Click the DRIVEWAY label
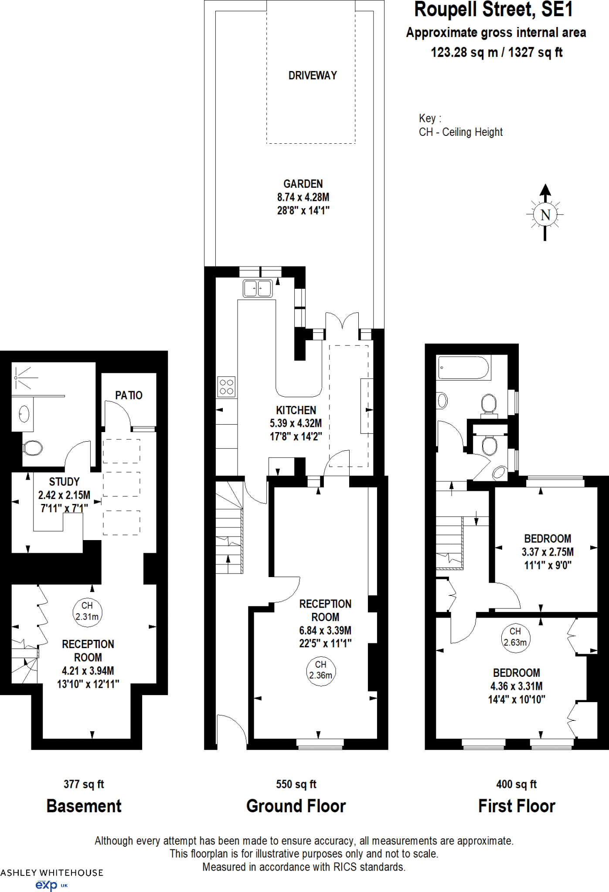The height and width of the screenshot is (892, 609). (x=313, y=76)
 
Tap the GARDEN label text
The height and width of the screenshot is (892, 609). (x=303, y=184)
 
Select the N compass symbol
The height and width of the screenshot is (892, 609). (x=545, y=215)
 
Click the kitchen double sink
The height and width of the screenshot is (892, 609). (x=258, y=288)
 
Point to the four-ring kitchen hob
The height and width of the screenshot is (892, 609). (x=226, y=387)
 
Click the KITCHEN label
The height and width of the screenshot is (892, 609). (x=296, y=410)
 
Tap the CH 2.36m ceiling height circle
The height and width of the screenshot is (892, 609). (x=320, y=670)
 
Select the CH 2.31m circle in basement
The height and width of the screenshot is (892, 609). (x=87, y=612)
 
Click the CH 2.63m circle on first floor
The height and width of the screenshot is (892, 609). (x=515, y=637)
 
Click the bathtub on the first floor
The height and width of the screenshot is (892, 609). (x=463, y=368)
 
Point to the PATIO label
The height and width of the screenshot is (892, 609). (x=129, y=395)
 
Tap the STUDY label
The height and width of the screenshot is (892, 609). (x=64, y=482)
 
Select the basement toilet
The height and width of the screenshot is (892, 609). (x=33, y=447)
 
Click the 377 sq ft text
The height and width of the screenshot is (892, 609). (x=84, y=784)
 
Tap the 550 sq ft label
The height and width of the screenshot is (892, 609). (x=296, y=784)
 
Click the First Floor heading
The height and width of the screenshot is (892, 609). (x=517, y=806)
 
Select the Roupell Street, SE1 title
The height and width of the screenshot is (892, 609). (x=493, y=10)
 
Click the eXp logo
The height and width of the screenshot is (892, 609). (x=47, y=885)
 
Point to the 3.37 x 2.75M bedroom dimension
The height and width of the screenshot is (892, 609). (x=548, y=552)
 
